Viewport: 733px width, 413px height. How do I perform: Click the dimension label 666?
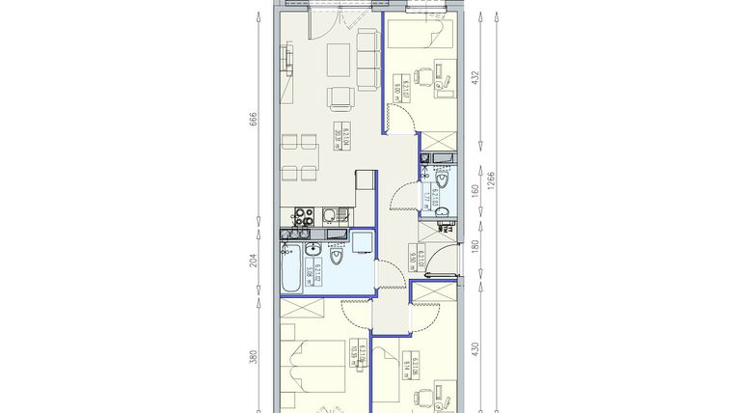coord(254,120)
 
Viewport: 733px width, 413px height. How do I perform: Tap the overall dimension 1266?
coord(492,182)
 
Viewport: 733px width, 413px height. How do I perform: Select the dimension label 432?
coord(474,77)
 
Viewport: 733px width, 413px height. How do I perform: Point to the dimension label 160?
coord(474,190)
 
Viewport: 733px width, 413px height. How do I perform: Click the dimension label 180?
coord(474,247)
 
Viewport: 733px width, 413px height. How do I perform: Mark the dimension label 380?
coord(254,355)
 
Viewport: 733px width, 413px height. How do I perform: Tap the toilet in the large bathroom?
coord(337,259)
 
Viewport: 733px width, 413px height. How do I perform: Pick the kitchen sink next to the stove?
coord(329,214)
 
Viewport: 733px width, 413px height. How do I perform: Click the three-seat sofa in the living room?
coord(366,58)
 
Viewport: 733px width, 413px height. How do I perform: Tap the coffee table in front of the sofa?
coord(339,60)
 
